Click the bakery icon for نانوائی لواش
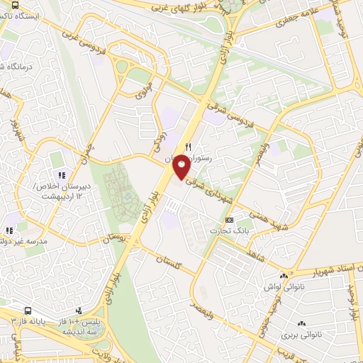[x=285, y=276]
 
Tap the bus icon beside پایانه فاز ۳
[x=28, y=311]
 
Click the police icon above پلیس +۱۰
[x=80, y=311]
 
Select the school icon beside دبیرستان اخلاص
[x=62, y=174]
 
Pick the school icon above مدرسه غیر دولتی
[x=9, y=230]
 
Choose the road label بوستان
[x=117, y=239]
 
